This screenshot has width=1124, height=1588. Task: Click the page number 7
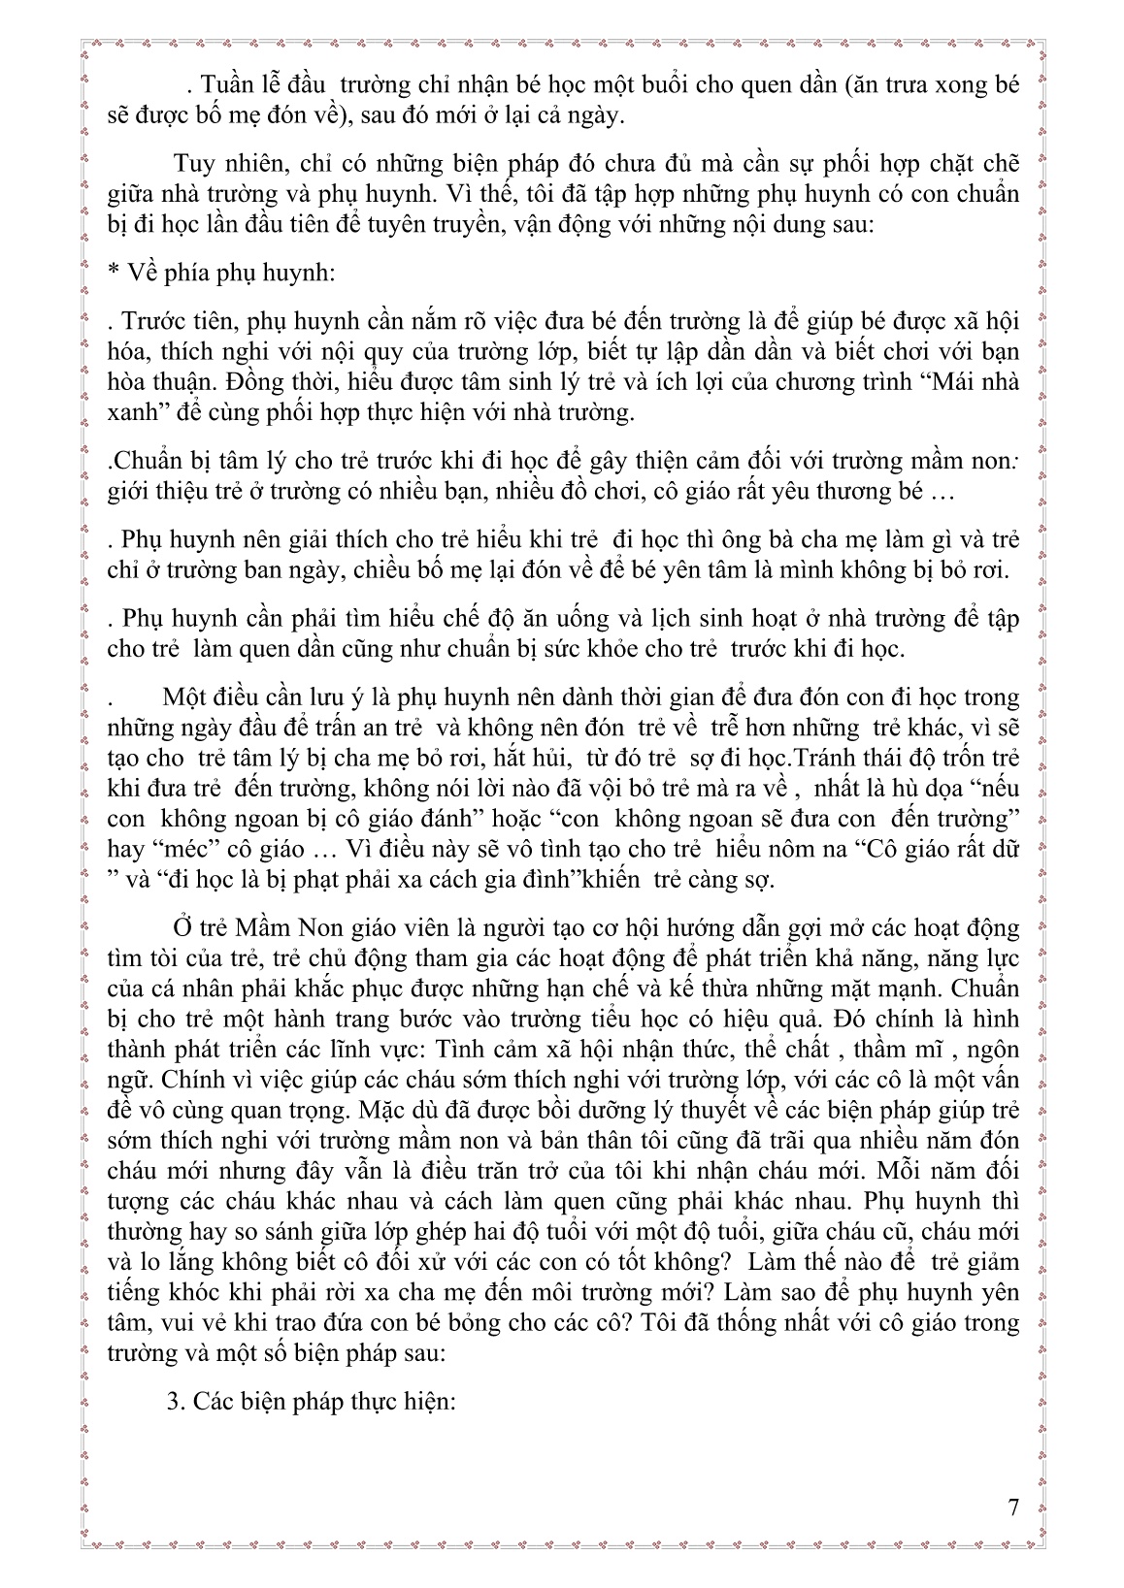(1013, 1507)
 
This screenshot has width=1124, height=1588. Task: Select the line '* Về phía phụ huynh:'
(221, 273)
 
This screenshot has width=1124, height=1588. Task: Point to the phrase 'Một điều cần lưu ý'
(254, 697)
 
